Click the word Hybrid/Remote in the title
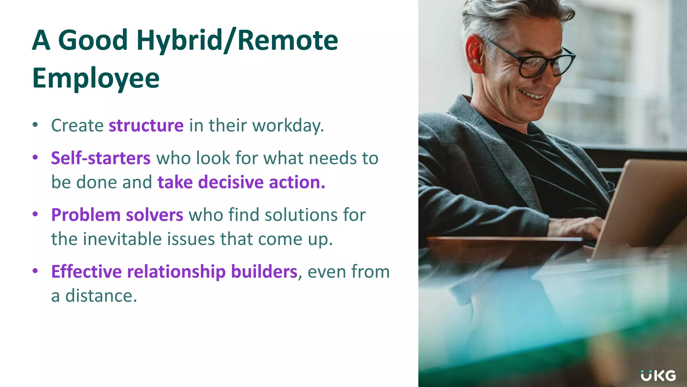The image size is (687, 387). click(x=237, y=40)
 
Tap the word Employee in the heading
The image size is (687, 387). click(x=96, y=78)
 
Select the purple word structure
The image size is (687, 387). click(x=146, y=126)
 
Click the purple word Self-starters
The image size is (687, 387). click(x=101, y=158)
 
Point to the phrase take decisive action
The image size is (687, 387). click(x=241, y=182)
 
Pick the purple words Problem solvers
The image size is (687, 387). click(x=117, y=215)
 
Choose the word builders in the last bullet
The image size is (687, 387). click(x=264, y=272)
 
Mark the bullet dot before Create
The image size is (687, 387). click(x=35, y=125)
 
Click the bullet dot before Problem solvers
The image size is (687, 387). click(x=35, y=214)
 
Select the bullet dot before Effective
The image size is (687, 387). click(x=35, y=271)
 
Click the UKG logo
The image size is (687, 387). click(x=658, y=376)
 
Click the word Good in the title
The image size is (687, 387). click(x=93, y=40)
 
